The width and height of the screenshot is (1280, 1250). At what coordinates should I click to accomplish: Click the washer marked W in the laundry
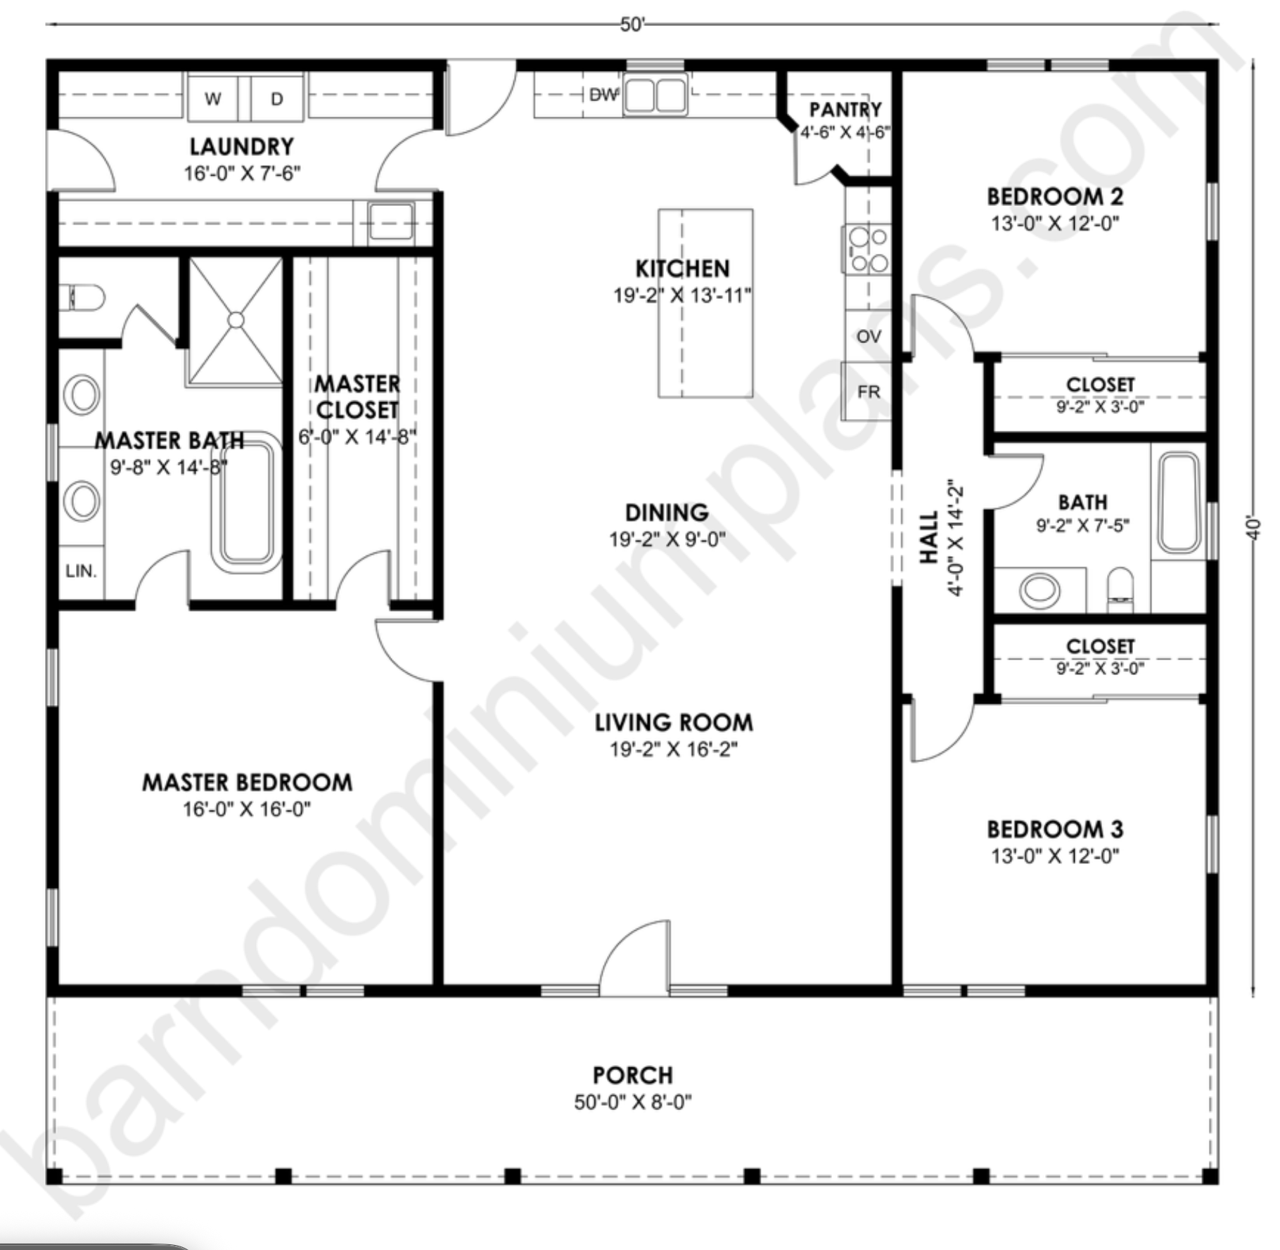click(212, 98)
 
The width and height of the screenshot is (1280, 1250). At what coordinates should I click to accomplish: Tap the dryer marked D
click(277, 98)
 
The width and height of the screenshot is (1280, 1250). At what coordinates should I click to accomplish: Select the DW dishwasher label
click(603, 95)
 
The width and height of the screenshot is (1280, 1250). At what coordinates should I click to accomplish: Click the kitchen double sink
click(655, 95)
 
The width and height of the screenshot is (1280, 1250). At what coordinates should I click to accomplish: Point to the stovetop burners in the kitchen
click(868, 249)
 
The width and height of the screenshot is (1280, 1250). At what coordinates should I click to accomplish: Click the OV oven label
click(869, 336)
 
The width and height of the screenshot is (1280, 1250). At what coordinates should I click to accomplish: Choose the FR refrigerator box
click(867, 391)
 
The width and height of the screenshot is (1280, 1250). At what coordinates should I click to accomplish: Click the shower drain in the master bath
click(236, 320)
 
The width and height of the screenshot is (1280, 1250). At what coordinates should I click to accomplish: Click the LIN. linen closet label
click(81, 571)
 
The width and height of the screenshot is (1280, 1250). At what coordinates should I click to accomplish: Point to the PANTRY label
click(845, 110)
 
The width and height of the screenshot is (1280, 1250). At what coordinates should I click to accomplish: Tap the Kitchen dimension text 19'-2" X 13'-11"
click(682, 295)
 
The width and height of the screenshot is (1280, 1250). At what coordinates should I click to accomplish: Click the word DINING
click(667, 513)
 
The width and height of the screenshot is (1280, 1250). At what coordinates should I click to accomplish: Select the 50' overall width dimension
click(632, 25)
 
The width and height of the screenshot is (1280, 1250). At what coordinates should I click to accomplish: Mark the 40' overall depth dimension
click(1253, 528)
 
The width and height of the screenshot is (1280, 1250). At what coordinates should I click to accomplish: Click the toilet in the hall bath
click(1120, 590)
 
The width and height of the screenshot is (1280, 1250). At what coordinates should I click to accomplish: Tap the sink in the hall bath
click(1039, 590)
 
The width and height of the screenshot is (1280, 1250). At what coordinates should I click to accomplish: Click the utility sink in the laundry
click(391, 222)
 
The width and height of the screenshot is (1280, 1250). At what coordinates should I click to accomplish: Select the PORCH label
click(632, 1076)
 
